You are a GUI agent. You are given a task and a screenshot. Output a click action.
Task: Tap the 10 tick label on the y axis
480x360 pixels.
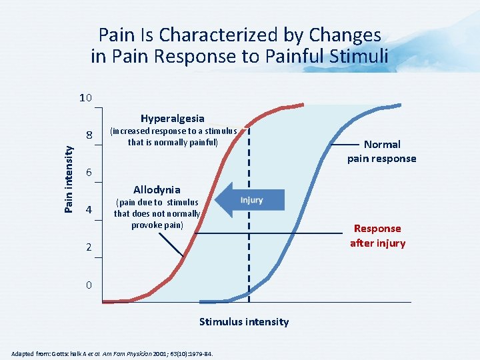click(x=85, y=99)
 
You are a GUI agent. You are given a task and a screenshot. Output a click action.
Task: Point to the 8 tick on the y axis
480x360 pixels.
click(x=88, y=136)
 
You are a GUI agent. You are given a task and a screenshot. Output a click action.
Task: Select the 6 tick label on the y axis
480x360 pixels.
click(x=88, y=173)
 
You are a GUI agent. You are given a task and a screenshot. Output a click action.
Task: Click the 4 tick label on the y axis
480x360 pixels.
click(x=88, y=211)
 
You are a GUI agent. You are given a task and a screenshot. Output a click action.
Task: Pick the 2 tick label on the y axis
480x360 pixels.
click(x=88, y=248)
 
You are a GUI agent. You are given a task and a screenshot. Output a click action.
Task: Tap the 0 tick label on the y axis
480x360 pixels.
click(x=88, y=285)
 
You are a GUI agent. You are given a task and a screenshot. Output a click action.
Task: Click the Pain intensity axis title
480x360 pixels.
click(x=69, y=179)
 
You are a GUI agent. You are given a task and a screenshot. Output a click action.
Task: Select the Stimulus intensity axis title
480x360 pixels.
click(x=244, y=322)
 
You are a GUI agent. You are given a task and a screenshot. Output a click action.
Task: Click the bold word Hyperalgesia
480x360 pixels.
click(x=172, y=119)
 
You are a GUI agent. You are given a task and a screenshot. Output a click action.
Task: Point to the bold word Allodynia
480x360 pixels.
click(x=157, y=189)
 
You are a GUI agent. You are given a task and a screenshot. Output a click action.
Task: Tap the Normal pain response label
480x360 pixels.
click(x=381, y=151)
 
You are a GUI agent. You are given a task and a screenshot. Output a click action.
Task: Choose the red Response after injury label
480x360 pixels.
click(x=377, y=235)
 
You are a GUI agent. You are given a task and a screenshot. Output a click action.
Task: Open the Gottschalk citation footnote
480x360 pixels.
click(x=112, y=353)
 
